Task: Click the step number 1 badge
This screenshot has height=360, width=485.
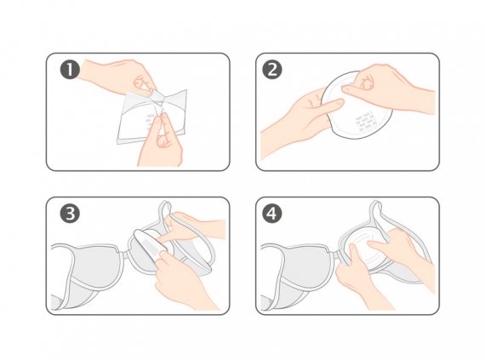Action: coord(70,69)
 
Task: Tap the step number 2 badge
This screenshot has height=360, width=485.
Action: coord(272,69)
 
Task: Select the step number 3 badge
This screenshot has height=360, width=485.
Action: coord(70,214)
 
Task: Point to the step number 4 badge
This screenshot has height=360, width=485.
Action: coord(272,214)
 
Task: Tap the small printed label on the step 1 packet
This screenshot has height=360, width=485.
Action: coord(150,122)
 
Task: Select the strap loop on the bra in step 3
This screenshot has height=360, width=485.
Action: coord(165,214)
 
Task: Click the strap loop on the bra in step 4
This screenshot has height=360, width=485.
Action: coord(376,214)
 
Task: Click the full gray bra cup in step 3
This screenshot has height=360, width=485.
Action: coord(89,266)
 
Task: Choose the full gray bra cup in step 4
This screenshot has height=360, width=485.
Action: coord(300,266)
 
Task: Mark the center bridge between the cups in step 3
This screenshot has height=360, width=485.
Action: coord(125,255)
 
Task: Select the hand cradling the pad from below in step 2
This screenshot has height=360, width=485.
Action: coord(297,121)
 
